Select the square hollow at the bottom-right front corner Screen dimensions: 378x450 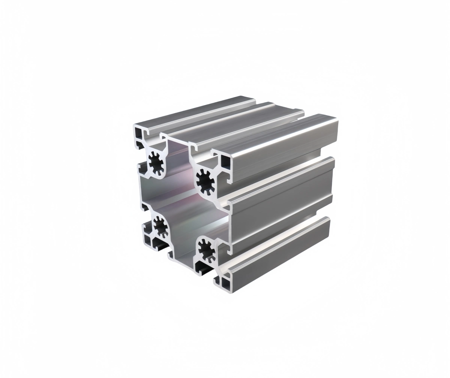(x=226, y=283)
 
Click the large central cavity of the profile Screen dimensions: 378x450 (x=180, y=195)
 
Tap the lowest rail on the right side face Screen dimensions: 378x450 (x=277, y=254)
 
